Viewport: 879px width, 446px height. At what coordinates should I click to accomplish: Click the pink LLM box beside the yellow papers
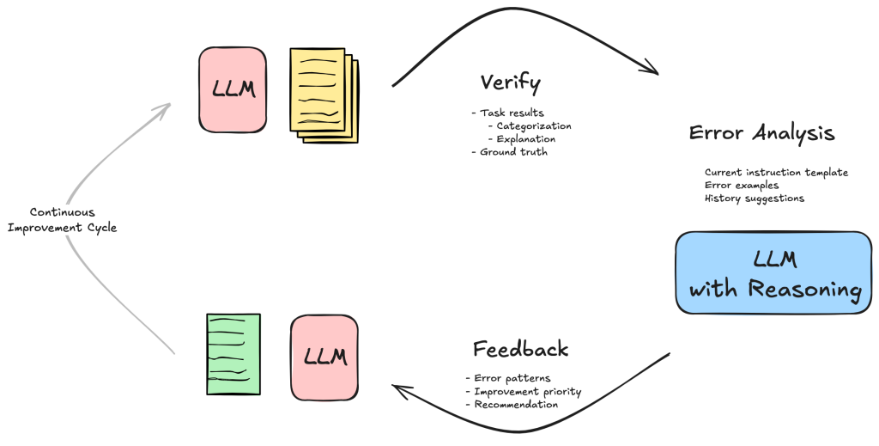coord(232,89)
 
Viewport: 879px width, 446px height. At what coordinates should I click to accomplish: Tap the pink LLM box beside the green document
coord(324,357)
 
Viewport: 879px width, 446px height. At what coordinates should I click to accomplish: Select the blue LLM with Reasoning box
coord(773,272)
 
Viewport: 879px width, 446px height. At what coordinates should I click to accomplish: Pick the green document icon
coord(233,353)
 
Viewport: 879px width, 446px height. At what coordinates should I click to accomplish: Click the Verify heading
coord(510,82)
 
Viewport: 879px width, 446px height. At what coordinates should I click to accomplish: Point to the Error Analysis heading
coord(761,134)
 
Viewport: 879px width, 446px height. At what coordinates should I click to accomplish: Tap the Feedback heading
coord(520,349)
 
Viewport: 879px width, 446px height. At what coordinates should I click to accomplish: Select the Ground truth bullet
coord(512,152)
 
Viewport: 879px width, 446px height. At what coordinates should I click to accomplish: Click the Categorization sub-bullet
coord(533,126)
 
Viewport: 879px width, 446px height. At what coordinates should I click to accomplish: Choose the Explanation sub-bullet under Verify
coord(525,139)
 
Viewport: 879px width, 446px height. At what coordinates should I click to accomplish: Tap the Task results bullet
coord(511,113)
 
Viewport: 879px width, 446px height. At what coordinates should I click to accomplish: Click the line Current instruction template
coord(776,173)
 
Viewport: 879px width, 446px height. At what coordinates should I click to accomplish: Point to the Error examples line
coord(741,186)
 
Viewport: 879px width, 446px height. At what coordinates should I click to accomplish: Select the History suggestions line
coord(755,199)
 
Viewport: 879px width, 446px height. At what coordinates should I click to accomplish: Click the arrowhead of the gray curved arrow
coord(165,108)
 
